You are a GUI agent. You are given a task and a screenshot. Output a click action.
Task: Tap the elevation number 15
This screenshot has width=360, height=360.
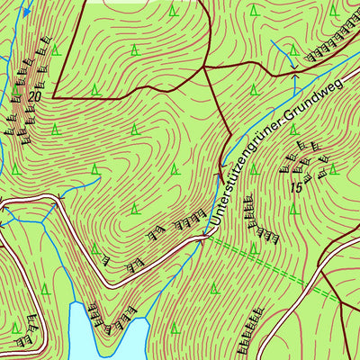pyautogui.click(x=296, y=187)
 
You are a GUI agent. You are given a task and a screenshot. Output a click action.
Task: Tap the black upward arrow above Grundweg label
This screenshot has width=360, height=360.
pyautogui.click(x=293, y=83)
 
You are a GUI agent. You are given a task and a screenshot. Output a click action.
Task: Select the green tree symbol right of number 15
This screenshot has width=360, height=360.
pyautogui.click(x=332, y=168)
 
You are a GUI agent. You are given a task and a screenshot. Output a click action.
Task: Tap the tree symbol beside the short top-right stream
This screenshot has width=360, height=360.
pyautogui.click(x=293, y=47)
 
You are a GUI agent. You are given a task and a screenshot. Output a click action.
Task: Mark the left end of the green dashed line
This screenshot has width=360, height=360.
pyautogui.click(x=209, y=238)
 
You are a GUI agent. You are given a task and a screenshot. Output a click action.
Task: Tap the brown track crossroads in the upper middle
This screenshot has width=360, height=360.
pyautogui.click(x=204, y=67)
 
